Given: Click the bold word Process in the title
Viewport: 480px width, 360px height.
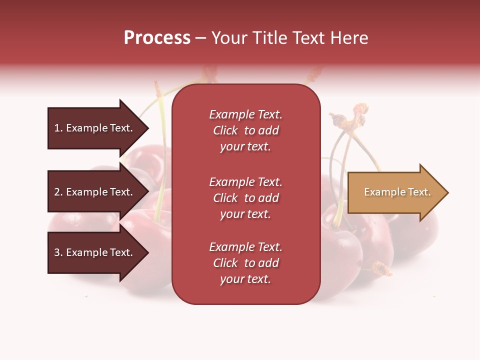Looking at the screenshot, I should coord(157,38).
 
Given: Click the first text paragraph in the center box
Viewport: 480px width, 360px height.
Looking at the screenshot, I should coord(245,130).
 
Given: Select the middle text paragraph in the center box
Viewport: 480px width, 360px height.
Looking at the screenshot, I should coord(245,198).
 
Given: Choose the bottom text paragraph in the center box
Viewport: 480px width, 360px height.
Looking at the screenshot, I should coord(245,263).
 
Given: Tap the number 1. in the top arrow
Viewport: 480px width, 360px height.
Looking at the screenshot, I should coord(58,128).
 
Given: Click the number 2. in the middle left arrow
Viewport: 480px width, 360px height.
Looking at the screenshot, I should coord(58,192).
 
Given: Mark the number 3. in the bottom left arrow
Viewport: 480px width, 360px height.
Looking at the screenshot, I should coord(58,252).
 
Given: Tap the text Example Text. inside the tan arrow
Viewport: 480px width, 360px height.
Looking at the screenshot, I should coord(397,192).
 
